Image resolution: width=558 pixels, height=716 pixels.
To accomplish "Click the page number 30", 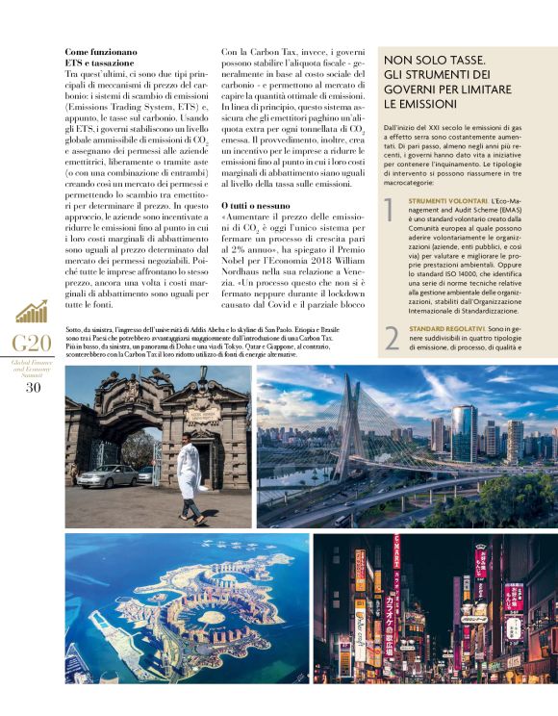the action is click(x=33, y=388).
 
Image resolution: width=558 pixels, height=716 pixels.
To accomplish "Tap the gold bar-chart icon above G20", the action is click(x=32, y=312).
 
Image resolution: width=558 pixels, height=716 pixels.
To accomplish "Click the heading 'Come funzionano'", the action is click(x=100, y=51).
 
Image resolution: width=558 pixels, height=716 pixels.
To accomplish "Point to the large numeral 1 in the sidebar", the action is click(x=390, y=210).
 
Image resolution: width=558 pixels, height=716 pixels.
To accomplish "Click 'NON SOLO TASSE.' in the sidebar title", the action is click(x=433, y=60).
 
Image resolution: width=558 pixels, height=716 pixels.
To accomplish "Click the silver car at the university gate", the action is click(x=108, y=475).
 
